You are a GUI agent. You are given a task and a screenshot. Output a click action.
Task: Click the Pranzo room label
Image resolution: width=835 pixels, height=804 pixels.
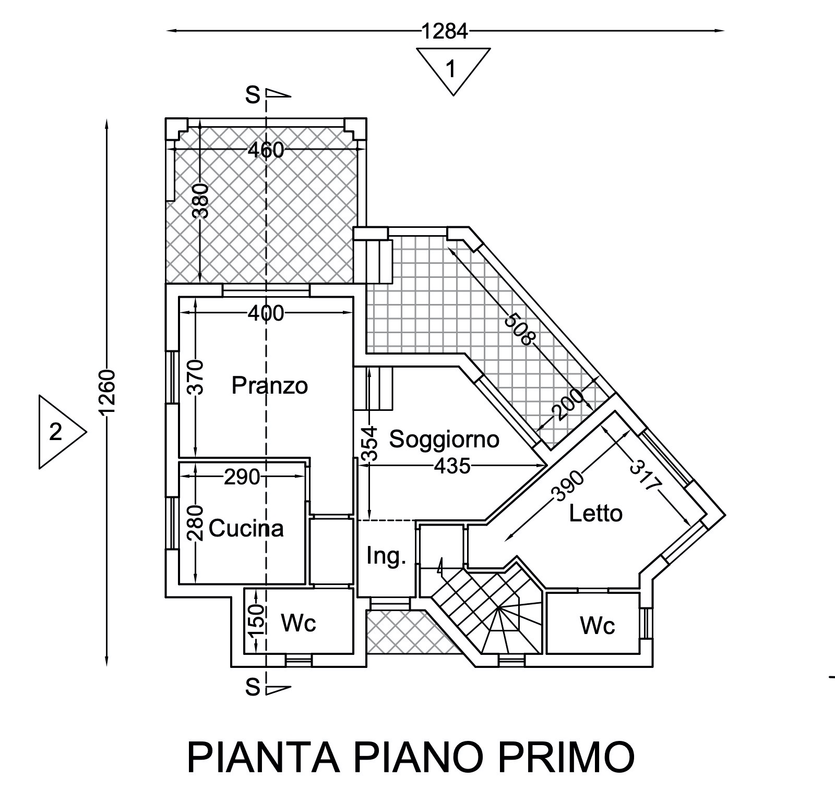pyautogui.click(x=269, y=386)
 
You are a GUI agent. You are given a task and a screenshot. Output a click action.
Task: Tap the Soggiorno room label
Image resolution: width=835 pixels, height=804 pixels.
pyautogui.click(x=445, y=440)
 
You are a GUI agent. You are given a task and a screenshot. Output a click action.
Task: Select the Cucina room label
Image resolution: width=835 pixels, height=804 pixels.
pyautogui.click(x=246, y=529)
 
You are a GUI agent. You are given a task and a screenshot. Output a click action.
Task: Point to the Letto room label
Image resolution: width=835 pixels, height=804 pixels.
pyautogui.click(x=595, y=514)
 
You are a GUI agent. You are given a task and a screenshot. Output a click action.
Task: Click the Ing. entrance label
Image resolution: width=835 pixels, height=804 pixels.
pyautogui.click(x=386, y=556)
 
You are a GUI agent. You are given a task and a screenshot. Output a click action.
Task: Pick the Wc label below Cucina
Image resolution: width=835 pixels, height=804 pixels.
pyautogui.click(x=299, y=623)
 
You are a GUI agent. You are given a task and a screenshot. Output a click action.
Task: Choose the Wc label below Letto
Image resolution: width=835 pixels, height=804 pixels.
pyautogui.click(x=598, y=625)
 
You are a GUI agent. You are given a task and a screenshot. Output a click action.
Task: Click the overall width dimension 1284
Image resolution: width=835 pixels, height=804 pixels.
pyautogui.click(x=445, y=32)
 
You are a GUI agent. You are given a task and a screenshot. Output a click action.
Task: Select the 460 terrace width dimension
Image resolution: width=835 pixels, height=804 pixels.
pyautogui.click(x=266, y=150)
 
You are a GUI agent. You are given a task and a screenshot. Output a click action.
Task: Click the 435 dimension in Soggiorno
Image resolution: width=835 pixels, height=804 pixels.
pyautogui.click(x=452, y=466)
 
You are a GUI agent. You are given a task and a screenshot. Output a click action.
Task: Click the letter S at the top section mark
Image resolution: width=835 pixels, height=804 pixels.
pyautogui.click(x=253, y=95)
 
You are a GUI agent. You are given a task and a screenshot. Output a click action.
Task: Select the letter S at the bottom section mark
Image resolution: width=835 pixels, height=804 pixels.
pyautogui.click(x=253, y=688)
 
